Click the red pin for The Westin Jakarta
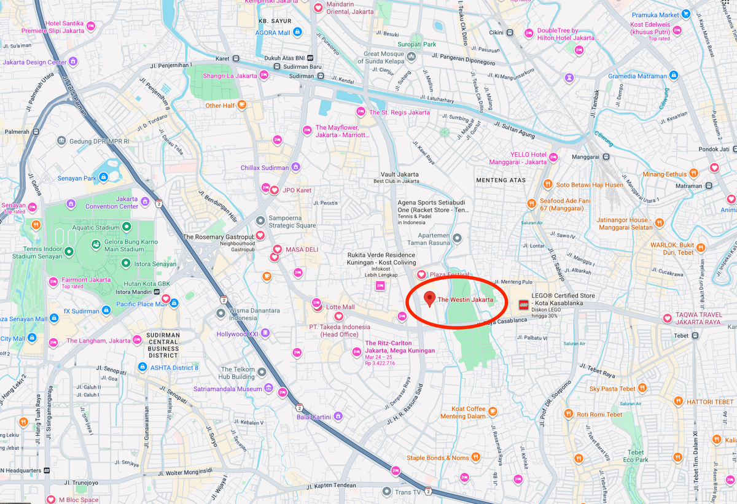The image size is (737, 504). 430,298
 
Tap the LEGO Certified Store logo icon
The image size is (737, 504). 523,304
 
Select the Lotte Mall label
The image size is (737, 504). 340,307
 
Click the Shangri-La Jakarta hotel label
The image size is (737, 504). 230,76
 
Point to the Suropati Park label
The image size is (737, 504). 416,44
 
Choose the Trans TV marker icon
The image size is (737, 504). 386,492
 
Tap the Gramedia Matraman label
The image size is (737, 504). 637,76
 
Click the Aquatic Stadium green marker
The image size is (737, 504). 127,227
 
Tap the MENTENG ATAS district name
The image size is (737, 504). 501,180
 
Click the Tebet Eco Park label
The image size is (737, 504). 635,456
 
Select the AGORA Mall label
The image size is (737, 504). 273,33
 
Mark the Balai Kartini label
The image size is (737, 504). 314,417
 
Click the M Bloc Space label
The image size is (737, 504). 78,500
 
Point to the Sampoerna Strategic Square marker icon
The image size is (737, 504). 260,220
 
